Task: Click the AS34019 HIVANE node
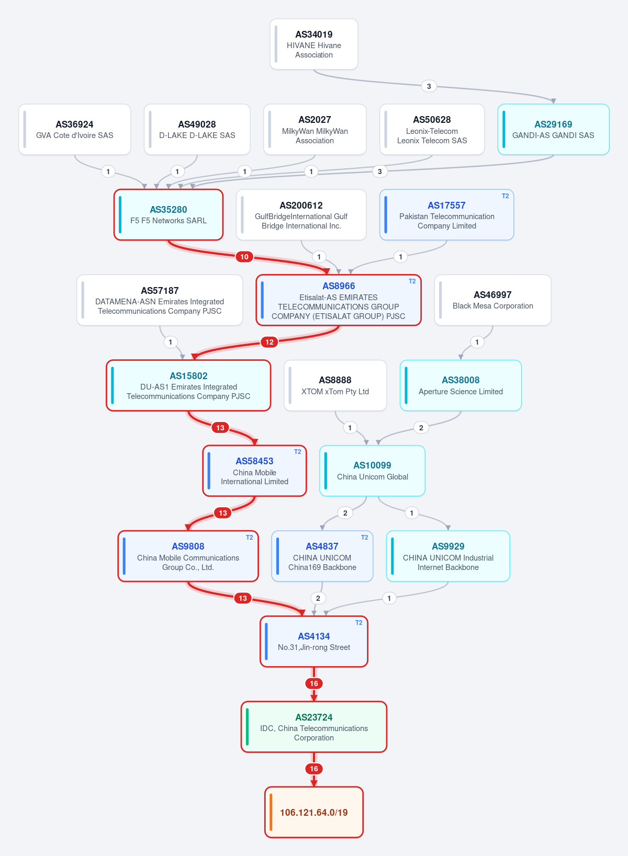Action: [313, 44]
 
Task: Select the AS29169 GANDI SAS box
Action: [553, 129]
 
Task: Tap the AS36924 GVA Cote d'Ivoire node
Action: [75, 129]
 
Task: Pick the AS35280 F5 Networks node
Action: [169, 215]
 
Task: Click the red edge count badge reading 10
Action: [244, 257]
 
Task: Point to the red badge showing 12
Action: [270, 342]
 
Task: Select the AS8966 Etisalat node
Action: [339, 300]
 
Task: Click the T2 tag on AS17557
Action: [505, 196]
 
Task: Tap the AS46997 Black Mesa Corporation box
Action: [492, 300]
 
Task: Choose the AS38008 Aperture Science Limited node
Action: [461, 385]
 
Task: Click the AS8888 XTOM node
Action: [335, 385]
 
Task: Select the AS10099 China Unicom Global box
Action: [372, 471]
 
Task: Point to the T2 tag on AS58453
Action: [298, 452]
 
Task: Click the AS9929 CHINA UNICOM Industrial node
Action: [448, 556]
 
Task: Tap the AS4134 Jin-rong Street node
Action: [313, 641]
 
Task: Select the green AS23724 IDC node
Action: [313, 727]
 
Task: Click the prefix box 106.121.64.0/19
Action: [313, 812]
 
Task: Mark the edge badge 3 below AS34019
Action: [429, 86]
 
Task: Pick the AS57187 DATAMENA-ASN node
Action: [160, 300]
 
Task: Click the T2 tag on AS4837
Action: [364, 538]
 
